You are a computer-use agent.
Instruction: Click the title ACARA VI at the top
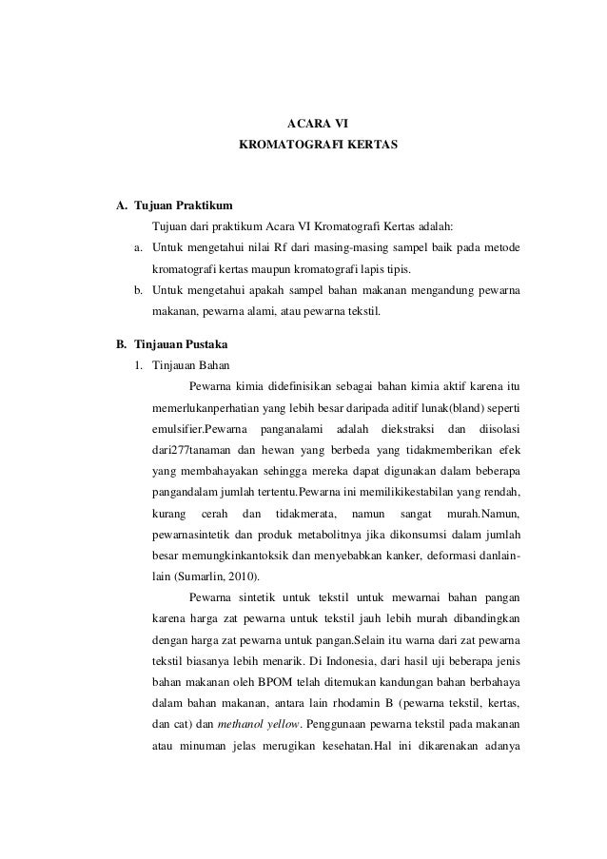pos(318,124)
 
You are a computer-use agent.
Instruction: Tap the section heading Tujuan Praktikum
pos(178,205)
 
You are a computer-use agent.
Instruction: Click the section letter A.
pos(120,205)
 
